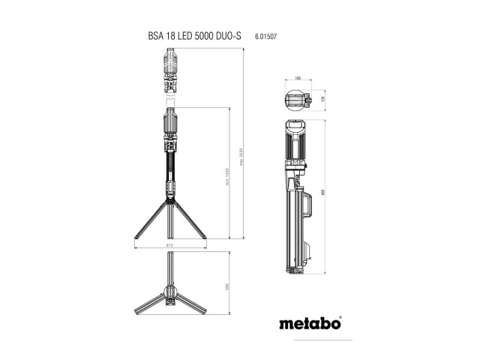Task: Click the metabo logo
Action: point(309,324)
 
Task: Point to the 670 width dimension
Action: point(169,245)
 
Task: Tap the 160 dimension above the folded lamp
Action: point(298,77)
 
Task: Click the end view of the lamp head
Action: point(298,100)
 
